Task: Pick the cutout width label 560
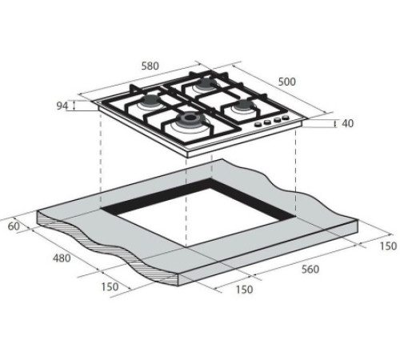click(310, 269)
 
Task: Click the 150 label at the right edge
click(386, 245)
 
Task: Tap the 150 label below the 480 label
click(111, 286)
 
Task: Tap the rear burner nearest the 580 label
click(204, 83)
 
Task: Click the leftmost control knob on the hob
click(258, 124)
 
